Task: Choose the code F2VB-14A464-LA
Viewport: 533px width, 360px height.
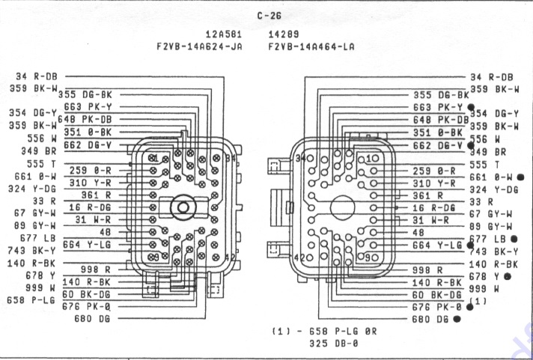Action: [x=311, y=46]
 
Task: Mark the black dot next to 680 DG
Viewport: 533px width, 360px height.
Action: [x=457, y=318]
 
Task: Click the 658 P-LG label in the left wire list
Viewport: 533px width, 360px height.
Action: [x=32, y=300]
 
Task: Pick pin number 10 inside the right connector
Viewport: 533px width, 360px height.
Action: [x=372, y=159]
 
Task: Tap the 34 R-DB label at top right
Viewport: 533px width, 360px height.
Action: [x=491, y=76]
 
